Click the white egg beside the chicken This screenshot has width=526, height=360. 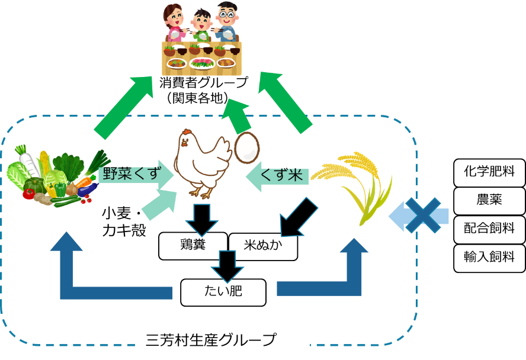[x=246, y=148]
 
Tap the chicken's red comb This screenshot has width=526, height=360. [x=186, y=132]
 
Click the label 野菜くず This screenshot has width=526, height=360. [x=131, y=174]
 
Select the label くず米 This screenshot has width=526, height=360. [x=282, y=175]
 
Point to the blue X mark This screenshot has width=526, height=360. [x=423, y=215]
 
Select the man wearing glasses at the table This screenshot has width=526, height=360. [x=227, y=22]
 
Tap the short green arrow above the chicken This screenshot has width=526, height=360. [x=237, y=117]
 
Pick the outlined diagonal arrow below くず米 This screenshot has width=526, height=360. [x=297, y=218]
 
